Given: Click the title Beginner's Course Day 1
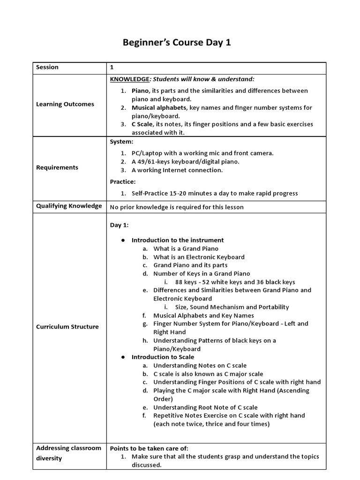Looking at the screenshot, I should point(177,43).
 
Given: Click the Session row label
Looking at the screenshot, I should point(47,67).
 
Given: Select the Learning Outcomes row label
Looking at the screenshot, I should point(65,104).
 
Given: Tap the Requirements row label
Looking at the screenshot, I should point(57,167).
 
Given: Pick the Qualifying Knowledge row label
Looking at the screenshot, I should point(68,206).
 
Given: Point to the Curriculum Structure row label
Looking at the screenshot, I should point(67,327).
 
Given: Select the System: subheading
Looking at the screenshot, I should point(121,141).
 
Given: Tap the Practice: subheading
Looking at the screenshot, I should point(123,181).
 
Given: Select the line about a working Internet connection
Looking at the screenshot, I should point(177,170).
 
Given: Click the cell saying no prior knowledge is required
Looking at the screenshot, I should point(177,207).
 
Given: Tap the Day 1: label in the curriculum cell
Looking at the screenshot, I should point(119,225).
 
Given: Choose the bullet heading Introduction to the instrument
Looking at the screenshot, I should point(178,240).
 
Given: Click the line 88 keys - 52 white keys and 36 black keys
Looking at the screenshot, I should point(235,282).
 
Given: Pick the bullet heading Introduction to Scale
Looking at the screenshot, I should point(163,357).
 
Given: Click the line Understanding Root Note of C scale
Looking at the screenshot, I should point(205,407).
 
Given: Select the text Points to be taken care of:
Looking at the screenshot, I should point(149,448).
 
